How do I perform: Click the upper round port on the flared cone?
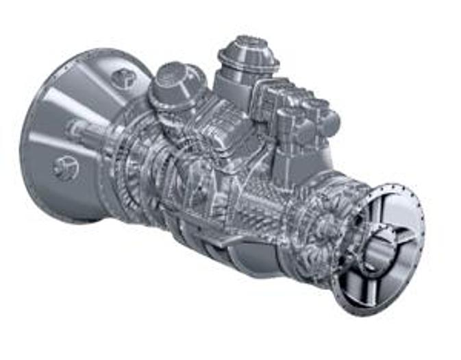tap(123, 78)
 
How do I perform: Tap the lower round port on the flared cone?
tap(66, 167)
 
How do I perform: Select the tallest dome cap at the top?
tap(248, 52)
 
